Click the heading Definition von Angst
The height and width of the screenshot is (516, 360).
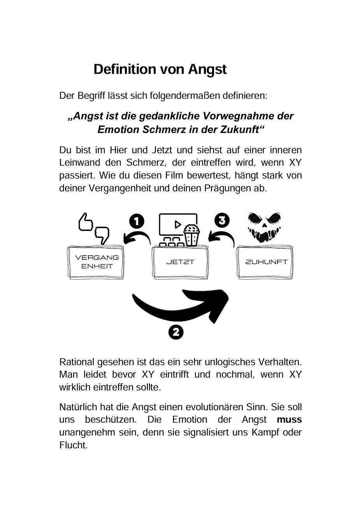click(x=160, y=69)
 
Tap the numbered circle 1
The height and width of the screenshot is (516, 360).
click(x=137, y=221)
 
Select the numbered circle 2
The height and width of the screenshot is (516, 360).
click(x=176, y=332)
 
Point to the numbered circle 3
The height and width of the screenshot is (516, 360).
click(x=222, y=220)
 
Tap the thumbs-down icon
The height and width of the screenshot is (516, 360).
click(x=102, y=234)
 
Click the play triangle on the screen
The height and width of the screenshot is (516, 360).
click(x=178, y=224)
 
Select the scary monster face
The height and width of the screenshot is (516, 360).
click(x=264, y=227)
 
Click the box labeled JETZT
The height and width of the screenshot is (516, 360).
click(x=180, y=262)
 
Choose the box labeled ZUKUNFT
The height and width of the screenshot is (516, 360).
click(x=266, y=262)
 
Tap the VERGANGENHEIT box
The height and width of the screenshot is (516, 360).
click(x=97, y=262)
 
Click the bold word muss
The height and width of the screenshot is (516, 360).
click(x=289, y=420)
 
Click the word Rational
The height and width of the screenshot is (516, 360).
click(x=77, y=362)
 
